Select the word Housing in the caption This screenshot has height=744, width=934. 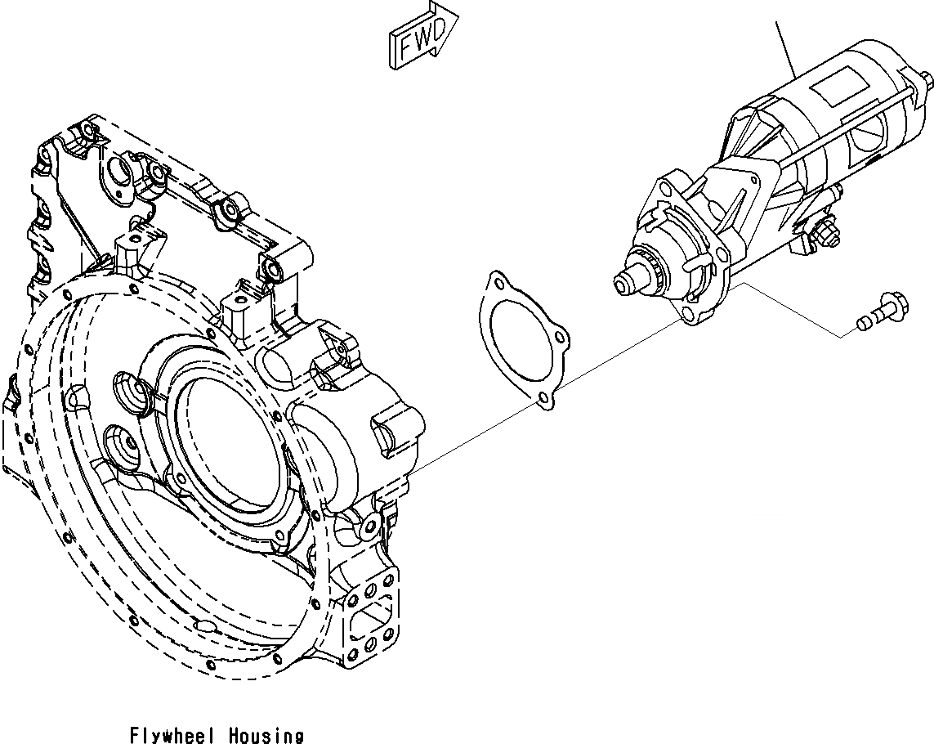pyautogui.click(x=266, y=735)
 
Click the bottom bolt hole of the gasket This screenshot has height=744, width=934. pyautogui.click(x=543, y=399)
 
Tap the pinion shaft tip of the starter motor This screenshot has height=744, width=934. pyautogui.click(x=624, y=282)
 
